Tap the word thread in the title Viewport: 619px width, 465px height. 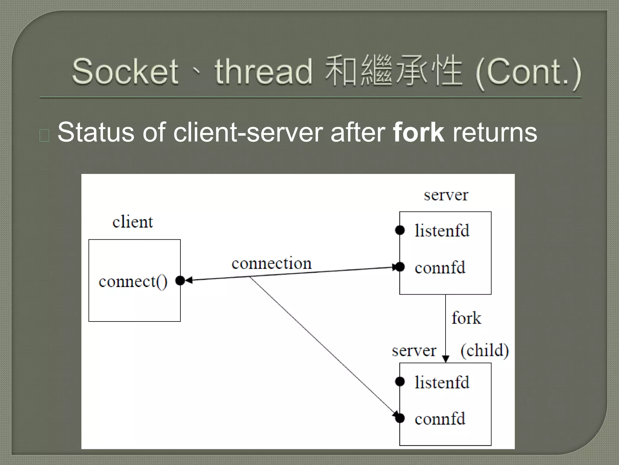click(263, 72)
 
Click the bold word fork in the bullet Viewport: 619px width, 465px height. click(418, 132)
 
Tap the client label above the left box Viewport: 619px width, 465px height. click(133, 222)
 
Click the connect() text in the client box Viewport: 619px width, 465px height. click(133, 282)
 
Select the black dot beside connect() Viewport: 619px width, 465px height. click(180, 281)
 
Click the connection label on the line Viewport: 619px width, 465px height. click(271, 263)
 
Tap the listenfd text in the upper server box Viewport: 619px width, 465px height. click(442, 231)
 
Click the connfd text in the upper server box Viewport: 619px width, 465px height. click(440, 268)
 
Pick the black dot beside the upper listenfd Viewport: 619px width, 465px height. click(400, 230)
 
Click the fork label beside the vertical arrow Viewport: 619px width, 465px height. click(466, 318)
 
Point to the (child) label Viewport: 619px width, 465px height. click(485, 350)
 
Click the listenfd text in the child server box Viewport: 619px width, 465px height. click(442, 382)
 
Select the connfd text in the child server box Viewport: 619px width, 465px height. click(440, 419)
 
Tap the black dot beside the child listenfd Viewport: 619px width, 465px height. click(400, 382)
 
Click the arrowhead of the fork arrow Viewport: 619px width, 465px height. click(446, 359)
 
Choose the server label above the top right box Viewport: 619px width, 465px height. click(446, 195)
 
